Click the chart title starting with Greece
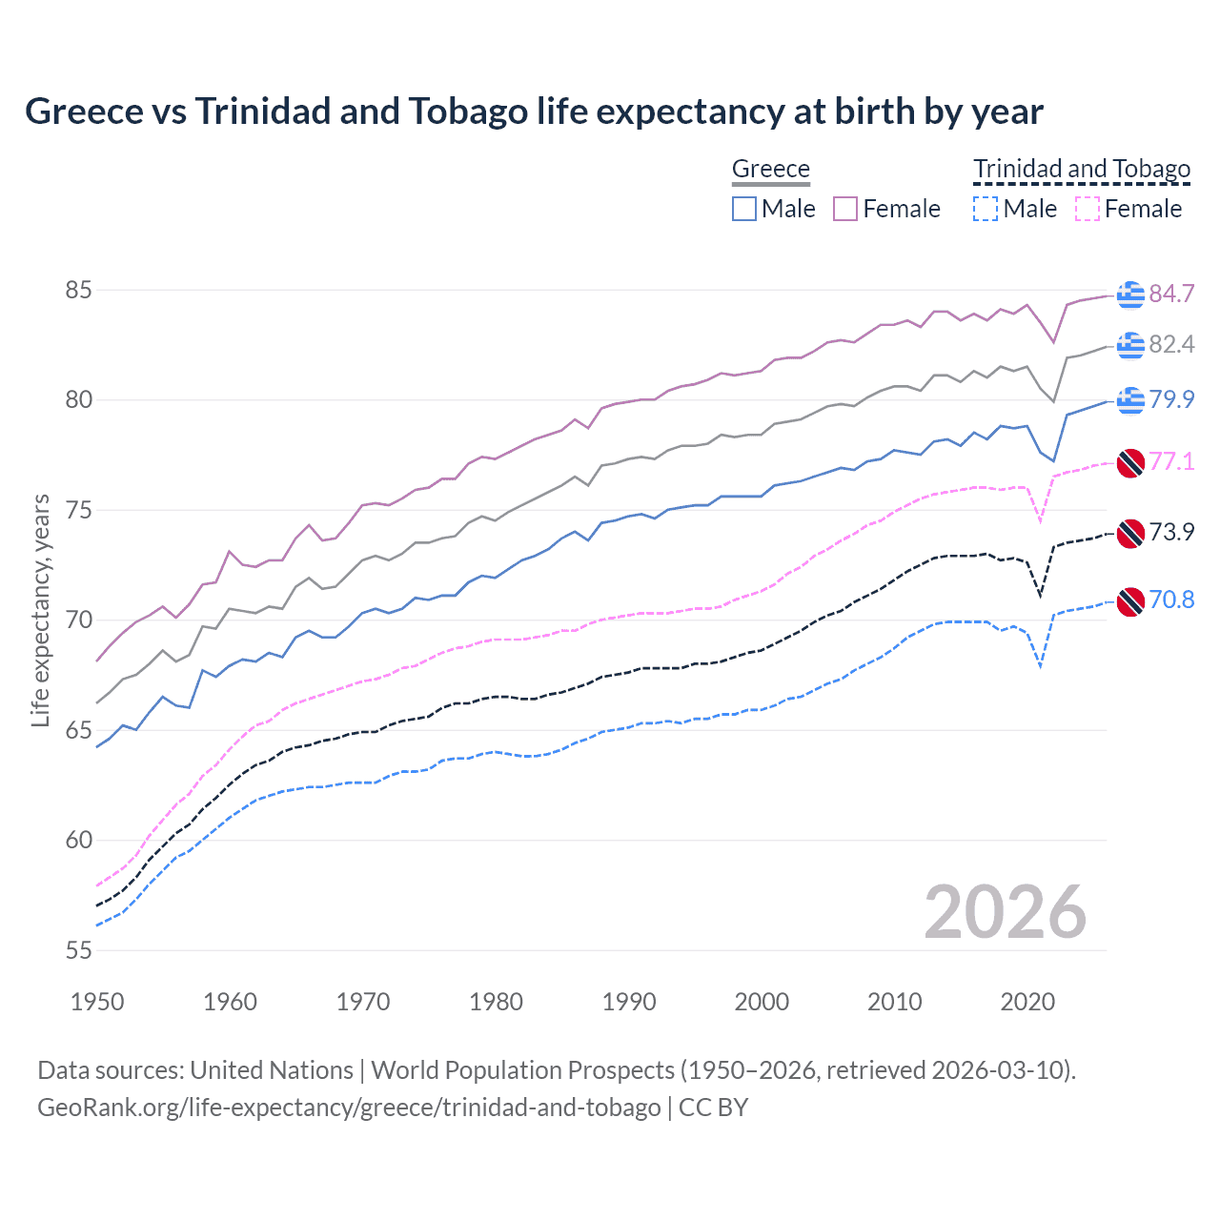click(534, 112)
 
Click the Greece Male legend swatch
click(744, 209)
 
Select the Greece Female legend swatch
click(845, 209)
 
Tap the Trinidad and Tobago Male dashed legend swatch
click(986, 209)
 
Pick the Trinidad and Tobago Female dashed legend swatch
click(1088, 209)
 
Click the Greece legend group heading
click(770, 169)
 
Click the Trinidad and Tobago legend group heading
click(1082, 169)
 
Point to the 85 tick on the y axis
click(78, 290)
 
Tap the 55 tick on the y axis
click(78, 950)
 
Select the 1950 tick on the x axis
click(97, 1002)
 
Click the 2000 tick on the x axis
click(762, 1002)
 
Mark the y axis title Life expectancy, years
click(40, 610)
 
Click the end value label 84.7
click(1171, 294)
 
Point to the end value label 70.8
click(1171, 600)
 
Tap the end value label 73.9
click(1171, 532)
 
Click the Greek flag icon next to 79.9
click(1130, 400)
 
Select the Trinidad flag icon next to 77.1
click(1130, 462)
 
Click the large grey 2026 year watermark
click(1005, 912)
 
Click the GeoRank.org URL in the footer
click(349, 1108)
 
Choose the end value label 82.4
click(1171, 344)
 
